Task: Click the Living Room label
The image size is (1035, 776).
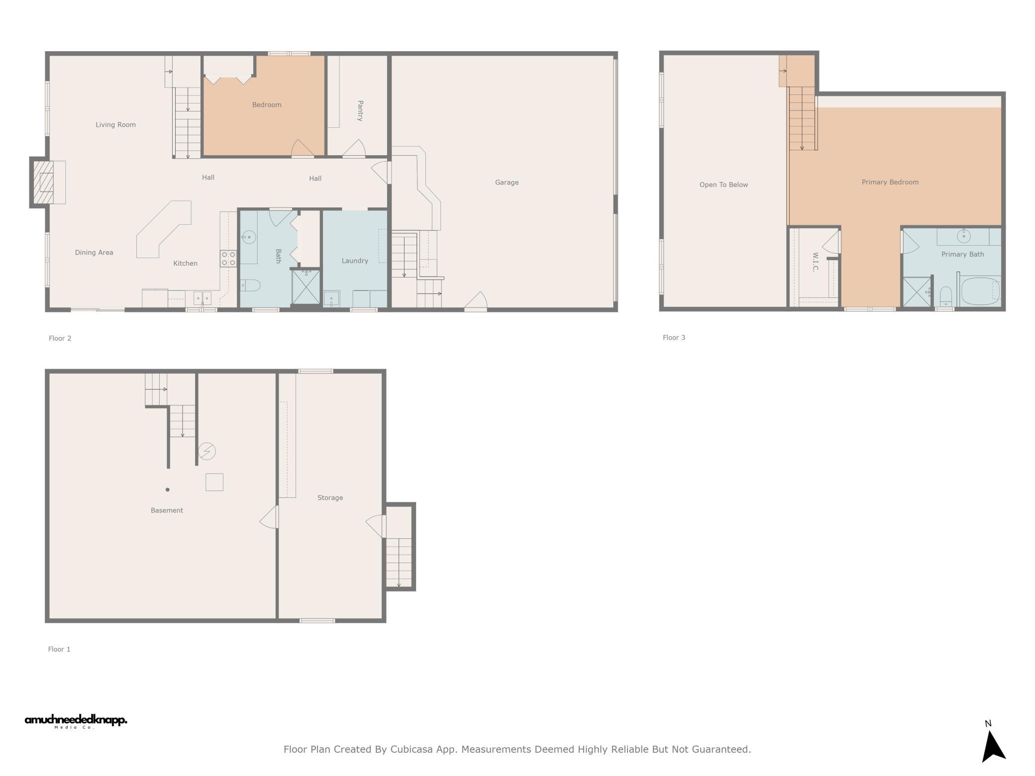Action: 115,125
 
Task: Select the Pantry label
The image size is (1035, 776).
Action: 360,110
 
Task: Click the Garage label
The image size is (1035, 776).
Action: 507,183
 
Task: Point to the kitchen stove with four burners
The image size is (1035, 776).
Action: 228,259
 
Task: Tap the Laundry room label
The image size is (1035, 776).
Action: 355,261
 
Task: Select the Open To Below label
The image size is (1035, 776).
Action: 724,185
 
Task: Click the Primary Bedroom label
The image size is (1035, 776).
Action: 890,182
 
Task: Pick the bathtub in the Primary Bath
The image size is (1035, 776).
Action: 980,291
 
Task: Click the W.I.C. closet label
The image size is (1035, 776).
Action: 815,262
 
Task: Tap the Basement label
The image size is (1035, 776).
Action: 167,510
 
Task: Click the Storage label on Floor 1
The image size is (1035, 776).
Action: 330,498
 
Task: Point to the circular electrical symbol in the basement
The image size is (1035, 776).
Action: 207,451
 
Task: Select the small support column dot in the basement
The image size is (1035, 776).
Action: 168,489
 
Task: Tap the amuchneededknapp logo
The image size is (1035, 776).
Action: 76,721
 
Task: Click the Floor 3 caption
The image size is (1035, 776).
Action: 674,338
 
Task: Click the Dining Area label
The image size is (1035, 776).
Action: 94,253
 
